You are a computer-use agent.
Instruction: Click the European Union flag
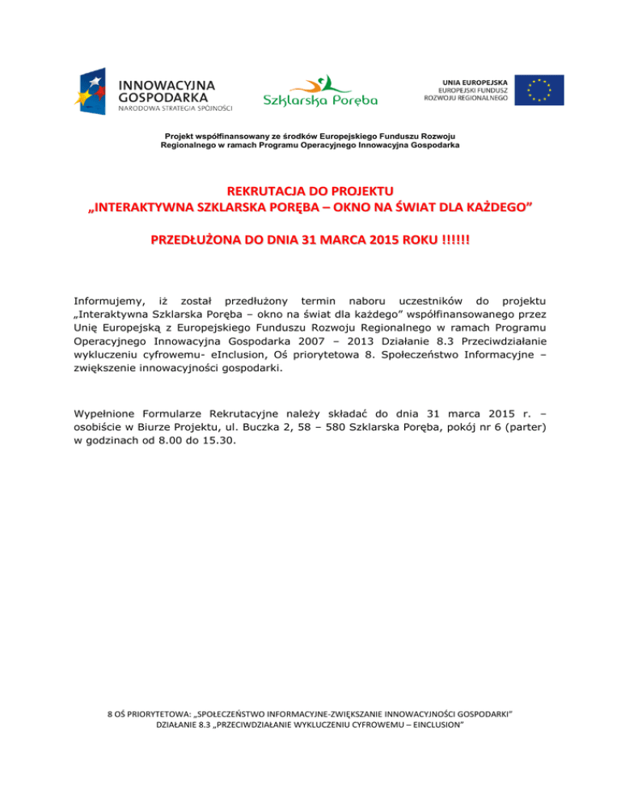click(x=540, y=91)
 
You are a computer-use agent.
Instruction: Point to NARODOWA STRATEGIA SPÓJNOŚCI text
click(x=175, y=107)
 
